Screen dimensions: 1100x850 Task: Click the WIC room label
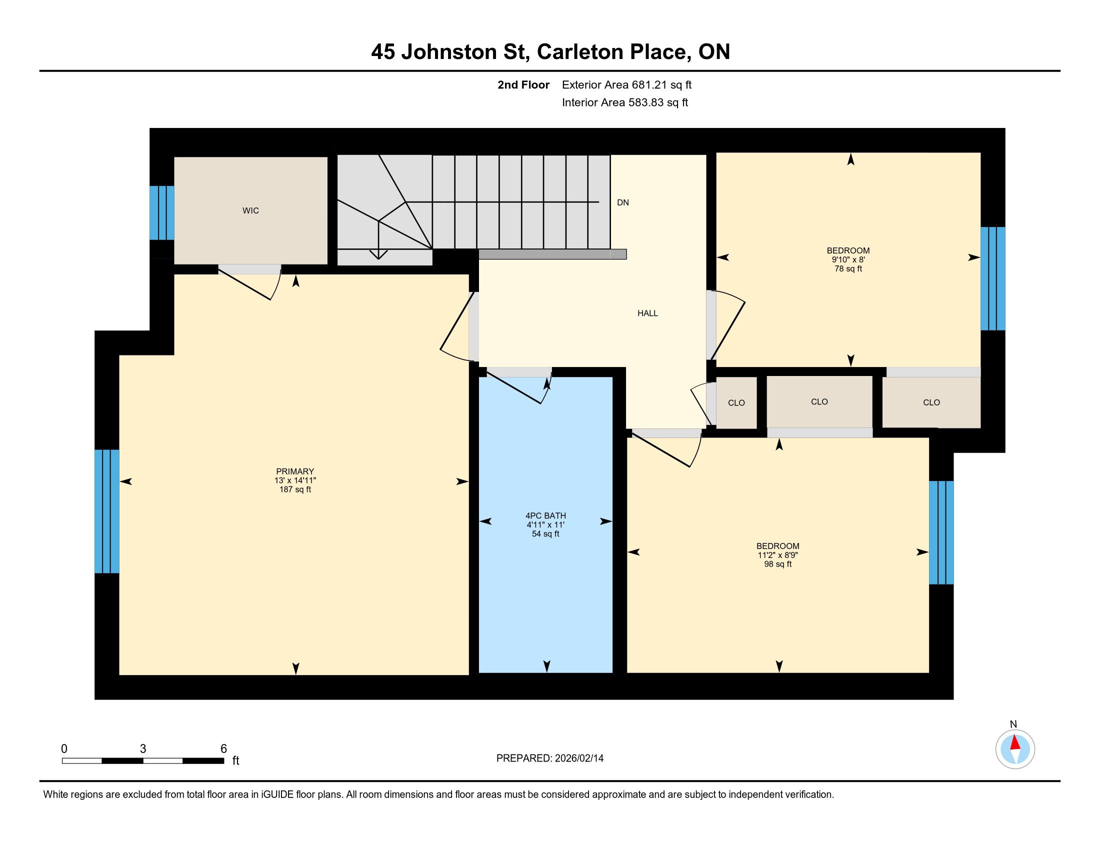(250, 210)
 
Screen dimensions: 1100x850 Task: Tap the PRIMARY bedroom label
(295, 471)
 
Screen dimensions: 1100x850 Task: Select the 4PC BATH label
(545, 515)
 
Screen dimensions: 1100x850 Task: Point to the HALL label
(647, 313)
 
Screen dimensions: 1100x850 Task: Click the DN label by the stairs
(623, 202)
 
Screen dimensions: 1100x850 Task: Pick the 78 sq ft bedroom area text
(848, 269)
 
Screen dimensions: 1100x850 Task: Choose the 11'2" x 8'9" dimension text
(777, 555)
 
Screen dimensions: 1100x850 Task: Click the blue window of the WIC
(162, 213)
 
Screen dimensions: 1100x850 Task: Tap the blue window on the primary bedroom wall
(107, 511)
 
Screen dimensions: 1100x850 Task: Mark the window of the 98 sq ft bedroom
(941, 532)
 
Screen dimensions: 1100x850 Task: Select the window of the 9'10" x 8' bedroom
(992, 278)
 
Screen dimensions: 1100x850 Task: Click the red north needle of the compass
(1015, 742)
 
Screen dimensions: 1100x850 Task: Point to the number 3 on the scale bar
(143, 749)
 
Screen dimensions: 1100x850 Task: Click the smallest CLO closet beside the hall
(736, 403)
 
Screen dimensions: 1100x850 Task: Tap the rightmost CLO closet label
(931, 402)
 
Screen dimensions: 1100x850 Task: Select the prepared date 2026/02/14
(578, 758)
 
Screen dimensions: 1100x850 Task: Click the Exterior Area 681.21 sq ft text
(626, 84)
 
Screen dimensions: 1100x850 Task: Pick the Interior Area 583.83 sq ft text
(625, 102)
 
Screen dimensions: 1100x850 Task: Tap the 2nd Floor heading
(523, 84)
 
